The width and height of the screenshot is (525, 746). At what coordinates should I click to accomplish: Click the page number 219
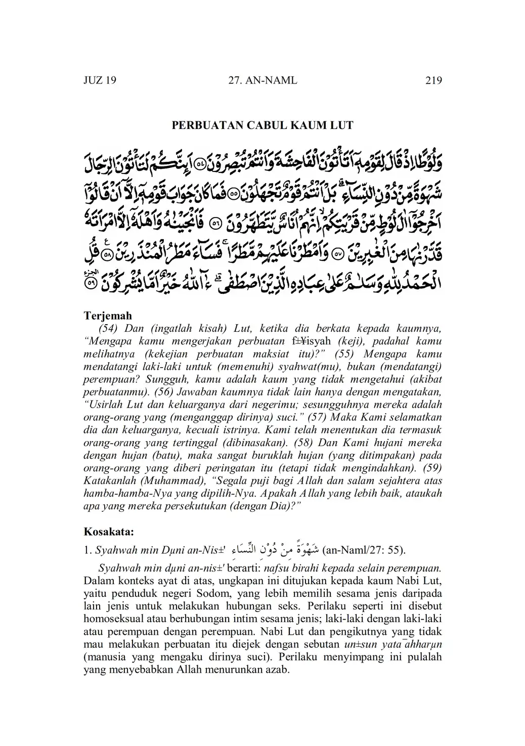pos(433,80)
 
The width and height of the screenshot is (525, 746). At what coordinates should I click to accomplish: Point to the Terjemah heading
pos(107,316)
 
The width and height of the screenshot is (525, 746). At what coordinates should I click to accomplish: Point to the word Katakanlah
pos(111,480)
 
